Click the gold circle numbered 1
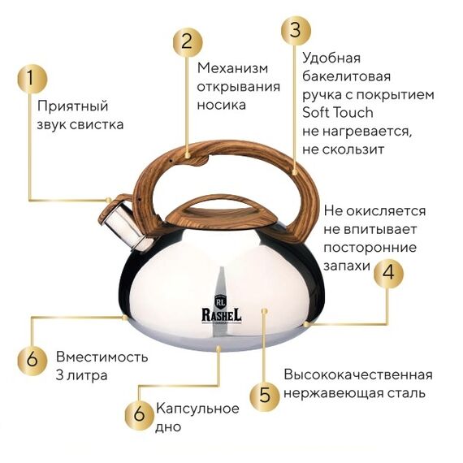tap(32, 79)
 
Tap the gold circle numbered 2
tap(188, 42)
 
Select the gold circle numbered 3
tap(296, 31)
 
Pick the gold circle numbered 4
tap(388, 273)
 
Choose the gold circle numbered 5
tap(265, 396)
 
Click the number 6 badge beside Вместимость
tap(32, 360)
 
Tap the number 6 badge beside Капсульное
tap(140, 414)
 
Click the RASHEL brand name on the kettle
tap(222, 315)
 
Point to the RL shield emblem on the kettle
tap(221, 301)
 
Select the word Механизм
tap(232, 68)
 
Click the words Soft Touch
tap(338, 113)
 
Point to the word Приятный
tap(72, 107)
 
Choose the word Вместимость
tap(102, 357)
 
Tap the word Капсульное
tap(197, 409)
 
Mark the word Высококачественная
tap(358, 375)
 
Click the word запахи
tap(347, 266)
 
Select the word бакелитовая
tap(346, 76)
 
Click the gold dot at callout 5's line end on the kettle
tap(265, 311)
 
